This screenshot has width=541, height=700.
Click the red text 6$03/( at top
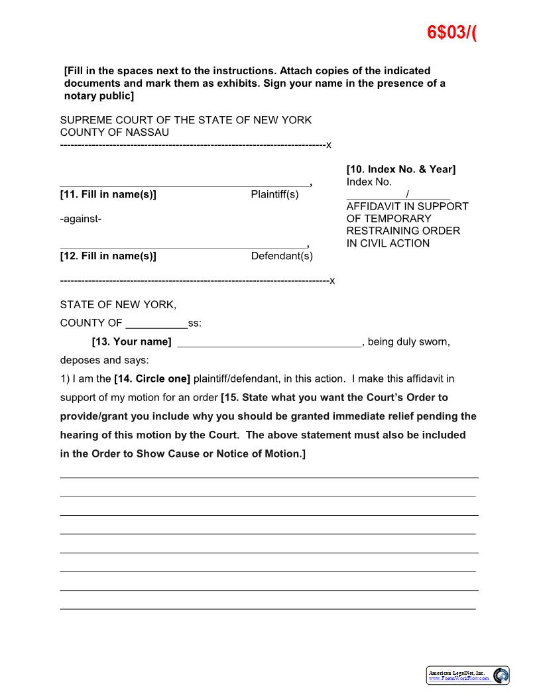tap(452, 32)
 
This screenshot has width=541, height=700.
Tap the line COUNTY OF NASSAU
tap(114, 132)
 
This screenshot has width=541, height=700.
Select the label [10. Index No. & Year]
tap(400, 169)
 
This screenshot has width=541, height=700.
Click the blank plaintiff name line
tap(184, 183)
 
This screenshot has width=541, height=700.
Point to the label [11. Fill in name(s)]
tap(108, 194)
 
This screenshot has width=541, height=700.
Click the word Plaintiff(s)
tap(274, 194)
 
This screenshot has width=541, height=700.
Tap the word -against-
tap(80, 219)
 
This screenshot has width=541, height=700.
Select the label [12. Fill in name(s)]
tap(108, 256)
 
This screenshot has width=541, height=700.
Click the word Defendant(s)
tap(282, 256)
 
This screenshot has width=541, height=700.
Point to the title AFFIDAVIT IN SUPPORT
tap(407, 206)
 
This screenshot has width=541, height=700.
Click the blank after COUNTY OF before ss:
tap(156, 324)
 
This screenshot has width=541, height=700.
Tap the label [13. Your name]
tap(131, 342)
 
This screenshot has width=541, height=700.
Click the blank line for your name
tap(269, 343)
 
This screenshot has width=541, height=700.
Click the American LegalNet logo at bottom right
tap(467, 675)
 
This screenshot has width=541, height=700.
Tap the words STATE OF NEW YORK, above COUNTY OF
tap(118, 305)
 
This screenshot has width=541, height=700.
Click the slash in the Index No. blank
tap(407, 194)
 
